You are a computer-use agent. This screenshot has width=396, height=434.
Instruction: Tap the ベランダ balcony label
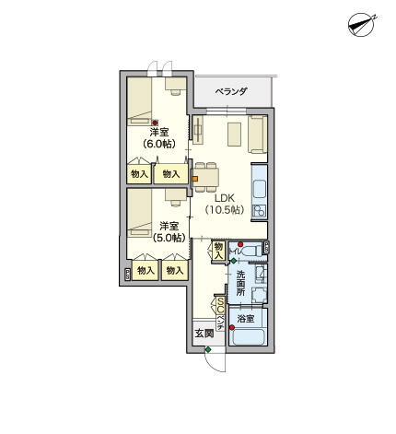coord(231,91)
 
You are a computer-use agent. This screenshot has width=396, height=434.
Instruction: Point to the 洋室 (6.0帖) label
coord(160,137)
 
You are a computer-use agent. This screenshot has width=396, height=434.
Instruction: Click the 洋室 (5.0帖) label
coord(168,231)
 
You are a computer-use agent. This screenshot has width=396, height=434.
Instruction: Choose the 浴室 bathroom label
coord(245,318)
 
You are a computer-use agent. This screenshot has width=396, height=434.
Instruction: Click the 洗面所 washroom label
coord(240,282)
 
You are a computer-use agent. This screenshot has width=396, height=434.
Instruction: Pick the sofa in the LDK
coord(257,134)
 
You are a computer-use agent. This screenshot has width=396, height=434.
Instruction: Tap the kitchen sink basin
coord(258,192)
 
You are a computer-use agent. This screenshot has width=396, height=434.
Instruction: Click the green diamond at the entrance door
coord(209,350)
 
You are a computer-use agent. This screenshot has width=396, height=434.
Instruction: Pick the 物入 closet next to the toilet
coord(218,249)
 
